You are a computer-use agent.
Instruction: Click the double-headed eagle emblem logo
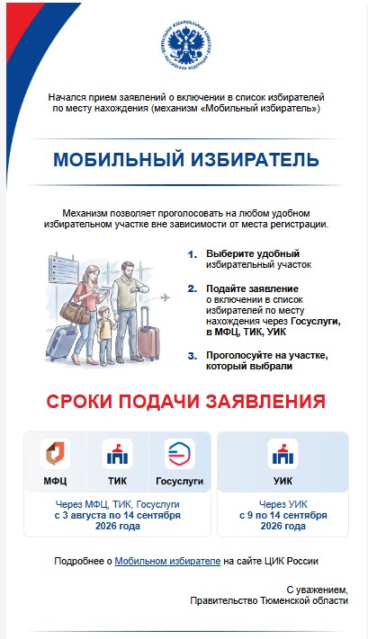186,45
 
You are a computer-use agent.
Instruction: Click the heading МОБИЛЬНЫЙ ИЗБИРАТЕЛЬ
186,160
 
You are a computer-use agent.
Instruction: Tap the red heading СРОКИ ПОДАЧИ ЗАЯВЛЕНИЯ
185,402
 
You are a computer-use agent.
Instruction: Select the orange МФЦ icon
55,453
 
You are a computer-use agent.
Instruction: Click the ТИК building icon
117,453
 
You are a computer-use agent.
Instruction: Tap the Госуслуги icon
180,453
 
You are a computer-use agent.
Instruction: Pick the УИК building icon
283,453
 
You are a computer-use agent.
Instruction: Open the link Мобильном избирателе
167,561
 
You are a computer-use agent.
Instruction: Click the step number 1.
192,254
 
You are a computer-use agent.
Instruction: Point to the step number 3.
193,356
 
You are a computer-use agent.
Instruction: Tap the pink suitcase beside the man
148,334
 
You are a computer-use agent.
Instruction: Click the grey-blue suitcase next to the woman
61,341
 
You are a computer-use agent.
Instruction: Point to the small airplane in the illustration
165,297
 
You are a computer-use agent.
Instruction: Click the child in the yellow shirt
105,335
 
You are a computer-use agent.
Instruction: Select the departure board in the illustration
63,269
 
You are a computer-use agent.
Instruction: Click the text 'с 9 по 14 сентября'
283,515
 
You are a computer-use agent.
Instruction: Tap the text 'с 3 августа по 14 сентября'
118,515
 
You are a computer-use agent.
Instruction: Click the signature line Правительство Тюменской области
269,600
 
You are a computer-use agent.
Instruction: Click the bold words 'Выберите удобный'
253,253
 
